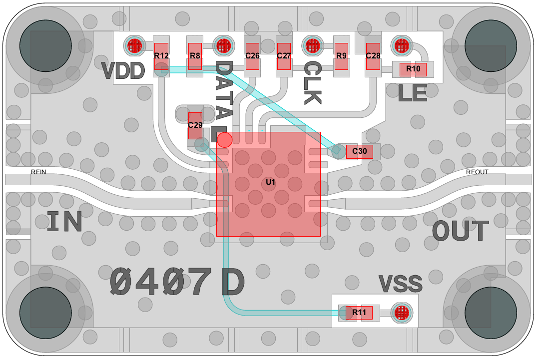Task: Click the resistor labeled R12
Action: coord(161,56)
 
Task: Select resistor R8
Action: coord(195,56)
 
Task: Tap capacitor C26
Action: coord(252,56)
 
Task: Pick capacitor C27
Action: coord(284,56)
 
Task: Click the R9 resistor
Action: coord(341,56)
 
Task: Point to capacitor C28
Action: coord(373,56)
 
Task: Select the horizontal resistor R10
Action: coord(413,69)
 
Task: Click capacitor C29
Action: coord(195,126)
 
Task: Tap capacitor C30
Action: coord(359,152)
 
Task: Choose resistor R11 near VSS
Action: coord(359,313)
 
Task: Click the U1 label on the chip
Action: coord(271,182)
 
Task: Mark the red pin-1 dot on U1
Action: coord(225,140)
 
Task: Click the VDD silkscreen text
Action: coord(123,71)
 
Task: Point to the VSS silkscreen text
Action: coord(400,284)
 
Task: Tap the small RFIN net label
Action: coord(38,172)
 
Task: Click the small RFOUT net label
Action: coord(477,172)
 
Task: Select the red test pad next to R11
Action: coord(402,313)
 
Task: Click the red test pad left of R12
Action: coord(134,45)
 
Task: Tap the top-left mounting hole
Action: coord(45,45)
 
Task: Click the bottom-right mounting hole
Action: coord(491,313)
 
